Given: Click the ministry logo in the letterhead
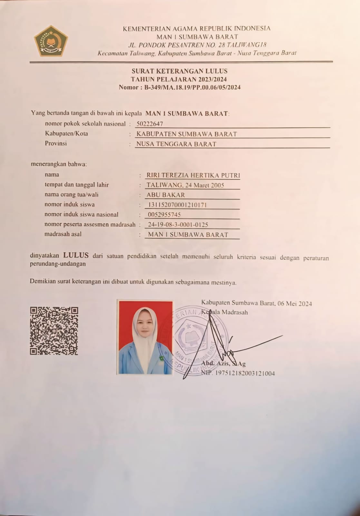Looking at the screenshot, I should [51, 41].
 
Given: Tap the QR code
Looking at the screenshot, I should [54, 331].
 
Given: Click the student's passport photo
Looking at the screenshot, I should [145, 337].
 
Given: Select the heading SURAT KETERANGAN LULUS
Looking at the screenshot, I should [180, 71].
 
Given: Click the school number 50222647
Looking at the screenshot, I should [150, 124].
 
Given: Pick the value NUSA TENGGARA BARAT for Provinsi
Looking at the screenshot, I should [176, 144].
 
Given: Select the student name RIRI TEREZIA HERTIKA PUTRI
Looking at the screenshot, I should [193, 175].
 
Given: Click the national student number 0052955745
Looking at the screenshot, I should [164, 214].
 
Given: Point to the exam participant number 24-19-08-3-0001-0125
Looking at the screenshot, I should [178, 224].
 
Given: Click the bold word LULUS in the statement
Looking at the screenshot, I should [76, 255].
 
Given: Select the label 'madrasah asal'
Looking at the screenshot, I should [63, 234].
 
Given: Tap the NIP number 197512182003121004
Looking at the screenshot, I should [245, 373].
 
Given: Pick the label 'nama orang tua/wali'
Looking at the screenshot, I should [72, 194].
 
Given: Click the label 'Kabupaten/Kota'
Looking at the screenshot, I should [66, 134].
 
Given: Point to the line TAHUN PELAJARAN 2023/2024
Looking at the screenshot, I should [179, 79].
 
